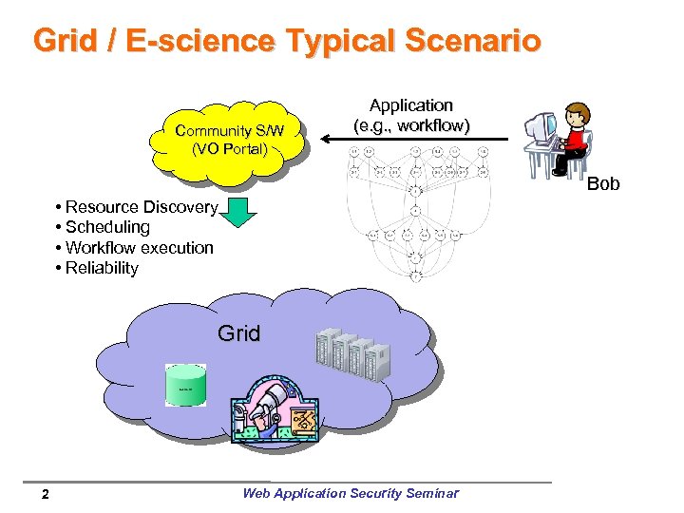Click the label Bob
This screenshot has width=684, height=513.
click(602, 183)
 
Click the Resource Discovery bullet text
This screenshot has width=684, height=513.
click(137, 207)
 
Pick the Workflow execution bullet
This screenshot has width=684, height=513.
click(135, 248)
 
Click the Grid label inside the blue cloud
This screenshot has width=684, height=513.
click(238, 333)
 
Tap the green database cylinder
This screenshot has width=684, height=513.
click(185, 385)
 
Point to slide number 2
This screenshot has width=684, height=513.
click(46, 494)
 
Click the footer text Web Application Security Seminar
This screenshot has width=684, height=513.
click(350, 493)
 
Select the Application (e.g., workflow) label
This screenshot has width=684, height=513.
click(411, 115)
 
